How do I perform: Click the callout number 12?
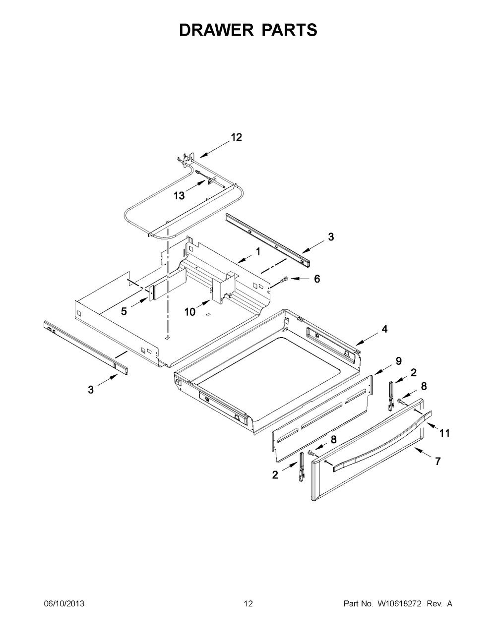[236, 137]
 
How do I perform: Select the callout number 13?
[179, 195]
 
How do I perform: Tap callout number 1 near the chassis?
[258, 252]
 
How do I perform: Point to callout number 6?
[317, 279]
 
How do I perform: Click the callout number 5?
[124, 311]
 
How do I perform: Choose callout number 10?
[190, 312]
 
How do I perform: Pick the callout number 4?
[384, 329]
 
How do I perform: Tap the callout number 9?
[399, 361]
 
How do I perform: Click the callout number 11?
[444, 433]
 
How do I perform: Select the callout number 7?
[438, 461]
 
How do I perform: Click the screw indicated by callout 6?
[285, 279]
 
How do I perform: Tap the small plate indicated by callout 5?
[168, 284]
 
